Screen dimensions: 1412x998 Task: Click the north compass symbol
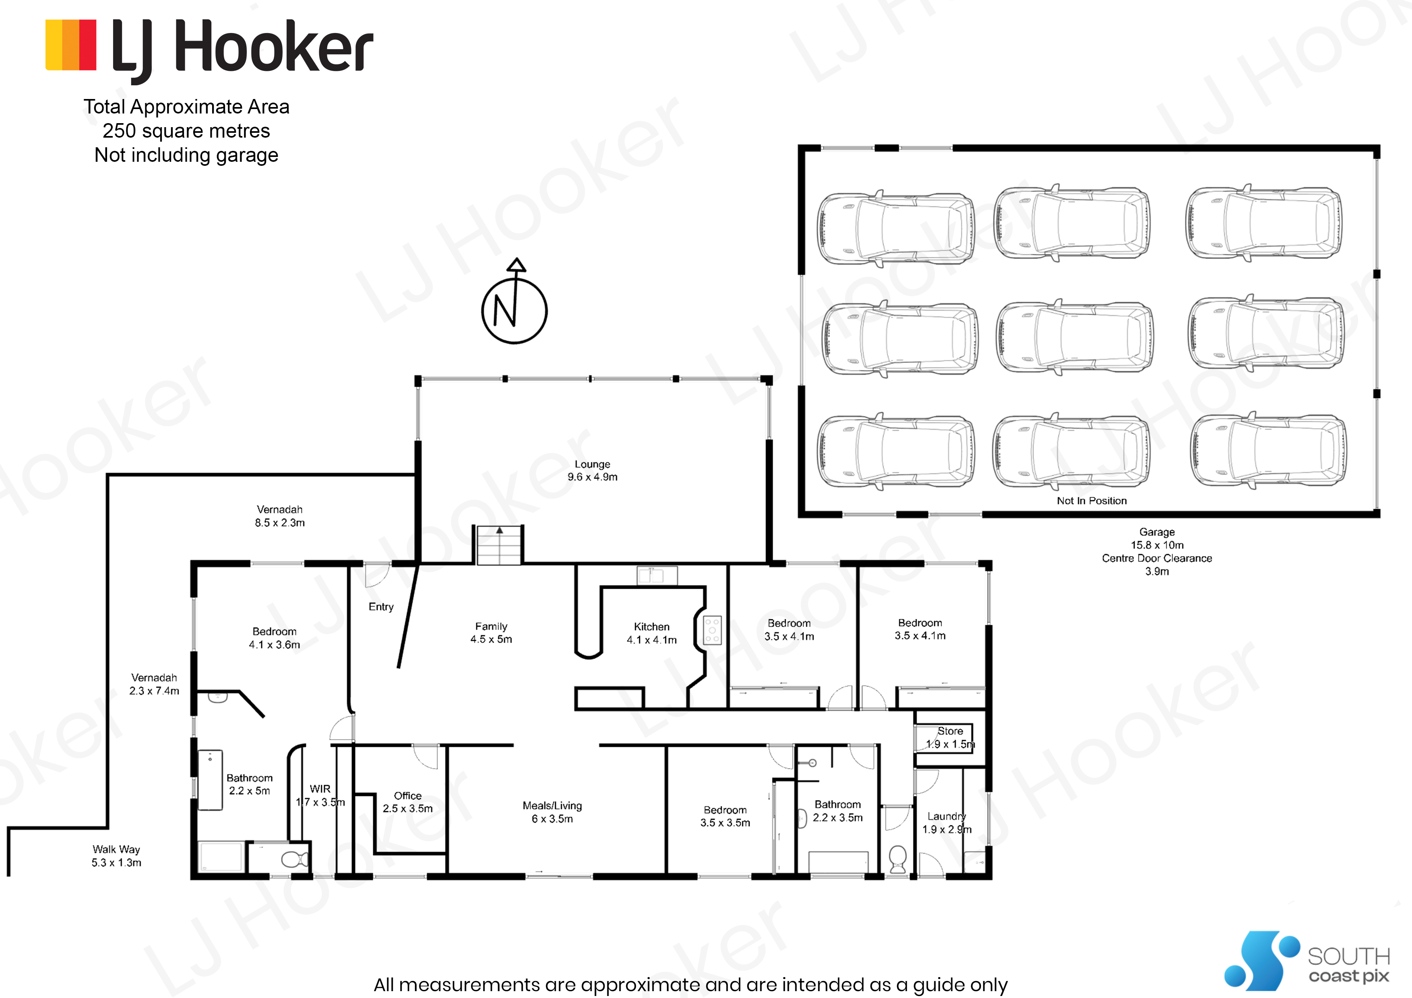(514, 301)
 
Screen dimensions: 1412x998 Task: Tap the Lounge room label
(592, 470)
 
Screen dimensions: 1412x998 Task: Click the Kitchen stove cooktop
(712, 630)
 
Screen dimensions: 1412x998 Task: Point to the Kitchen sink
(657, 575)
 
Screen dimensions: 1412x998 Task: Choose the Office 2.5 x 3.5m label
(408, 802)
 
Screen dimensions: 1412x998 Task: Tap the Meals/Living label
(552, 812)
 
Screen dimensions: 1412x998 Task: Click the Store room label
(950, 737)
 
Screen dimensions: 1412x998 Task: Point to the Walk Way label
(116, 855)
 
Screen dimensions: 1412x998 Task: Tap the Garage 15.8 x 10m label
(1157, 538)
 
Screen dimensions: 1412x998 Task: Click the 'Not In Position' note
(1092, 501)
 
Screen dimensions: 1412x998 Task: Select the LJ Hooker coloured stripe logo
(71, 45)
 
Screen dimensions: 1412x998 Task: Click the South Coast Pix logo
(1307, 961)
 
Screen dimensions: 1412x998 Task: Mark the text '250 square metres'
(186, 131)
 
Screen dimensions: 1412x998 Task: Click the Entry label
(381, 607)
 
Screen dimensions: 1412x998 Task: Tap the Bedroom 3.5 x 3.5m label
(725, 816)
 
